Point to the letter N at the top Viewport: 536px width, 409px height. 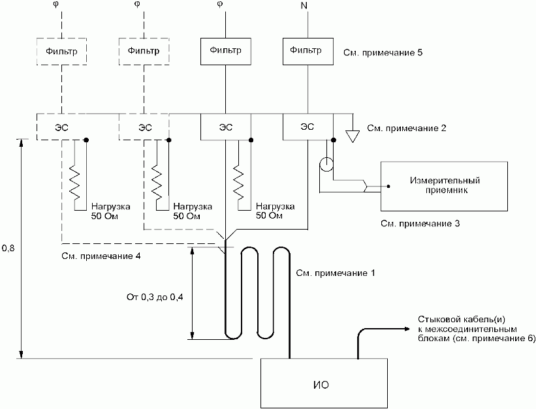pos(304,6)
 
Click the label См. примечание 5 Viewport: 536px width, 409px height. pos(383,53)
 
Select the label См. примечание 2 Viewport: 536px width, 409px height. pos(407,129)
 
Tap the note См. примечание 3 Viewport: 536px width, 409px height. pos(420,224)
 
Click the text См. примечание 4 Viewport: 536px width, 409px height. pos(101,256)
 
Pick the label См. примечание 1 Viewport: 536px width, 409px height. pos(336,273)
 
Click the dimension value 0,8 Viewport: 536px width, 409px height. pos(8,249)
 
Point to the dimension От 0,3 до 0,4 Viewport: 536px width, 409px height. pos(155,297)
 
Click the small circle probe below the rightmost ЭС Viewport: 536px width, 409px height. pos(326,164)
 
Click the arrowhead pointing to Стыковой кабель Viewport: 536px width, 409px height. pos(407,329)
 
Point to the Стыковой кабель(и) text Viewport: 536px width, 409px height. pos(462,320)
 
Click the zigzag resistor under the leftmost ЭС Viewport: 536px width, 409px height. pos(74,183)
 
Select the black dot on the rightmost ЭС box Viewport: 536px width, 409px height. pos(334,140)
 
